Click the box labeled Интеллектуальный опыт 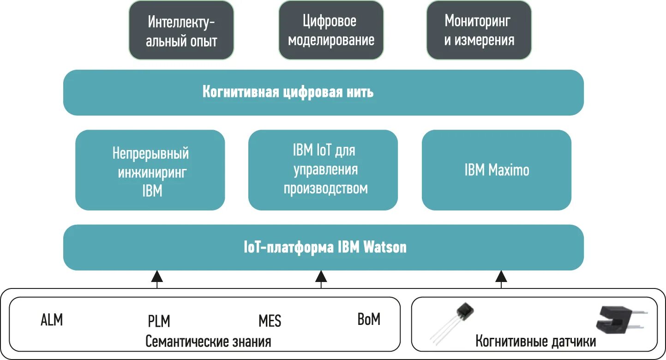click(181, 30)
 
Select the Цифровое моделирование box click(331, 30)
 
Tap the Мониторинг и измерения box click(479, 30)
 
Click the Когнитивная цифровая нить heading click(288, 92)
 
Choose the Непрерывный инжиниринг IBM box click(150, 170)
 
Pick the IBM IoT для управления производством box click(323, 170)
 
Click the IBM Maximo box click(497, 170)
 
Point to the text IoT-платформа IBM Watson click(325, 247)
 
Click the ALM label click(52, 320)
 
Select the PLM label click(159, 321)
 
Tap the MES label click(270, 321)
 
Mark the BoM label click(369, 319)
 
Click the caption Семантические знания click(208, 342)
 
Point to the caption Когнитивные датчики click(535, 342)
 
